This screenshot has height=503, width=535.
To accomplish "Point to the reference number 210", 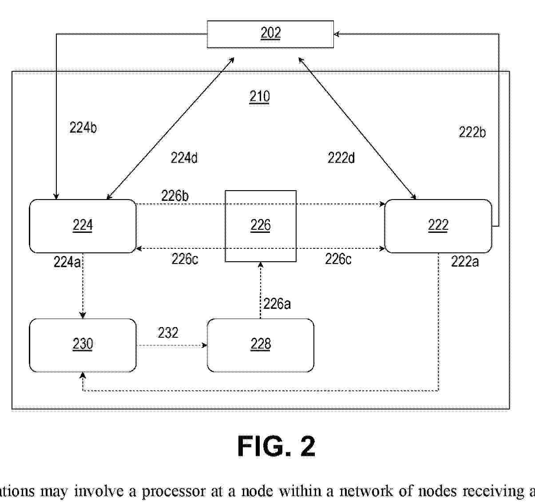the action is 259,96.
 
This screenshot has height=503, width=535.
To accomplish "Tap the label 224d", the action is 184,157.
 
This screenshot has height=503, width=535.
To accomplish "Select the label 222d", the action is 341,157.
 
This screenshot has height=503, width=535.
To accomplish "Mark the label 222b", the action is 472,132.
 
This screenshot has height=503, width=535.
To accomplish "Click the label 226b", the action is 175,196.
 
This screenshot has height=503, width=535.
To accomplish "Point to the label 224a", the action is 67,262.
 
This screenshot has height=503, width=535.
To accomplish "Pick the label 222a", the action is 465,261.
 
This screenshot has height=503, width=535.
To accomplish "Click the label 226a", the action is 277,304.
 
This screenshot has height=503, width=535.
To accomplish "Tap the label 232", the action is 168,332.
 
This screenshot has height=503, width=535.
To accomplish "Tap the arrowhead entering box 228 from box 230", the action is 205,345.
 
